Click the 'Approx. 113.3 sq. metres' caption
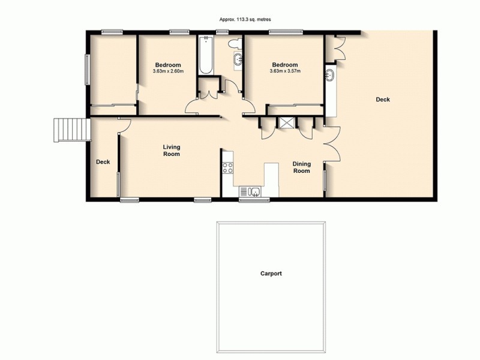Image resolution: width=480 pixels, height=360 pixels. click(240, 19)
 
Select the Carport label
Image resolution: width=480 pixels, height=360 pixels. click(271, 274)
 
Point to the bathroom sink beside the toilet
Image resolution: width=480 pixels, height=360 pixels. click(238, 59)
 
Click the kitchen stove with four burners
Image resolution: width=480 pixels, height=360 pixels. click(228, 167)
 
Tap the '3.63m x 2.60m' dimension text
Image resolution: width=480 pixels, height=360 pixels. click(168, 72)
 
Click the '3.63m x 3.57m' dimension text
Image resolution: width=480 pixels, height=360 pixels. click(285, 72)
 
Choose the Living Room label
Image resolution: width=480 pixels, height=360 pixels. click(172, 150)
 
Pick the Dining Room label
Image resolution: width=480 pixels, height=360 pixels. click(301, 167)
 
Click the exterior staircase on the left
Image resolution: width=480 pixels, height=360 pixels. click(71, 129)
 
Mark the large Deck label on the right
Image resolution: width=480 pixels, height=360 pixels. click(382, 100)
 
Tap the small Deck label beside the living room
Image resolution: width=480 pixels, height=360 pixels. click(103, 161)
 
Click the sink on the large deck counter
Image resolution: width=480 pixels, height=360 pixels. click(331, 76)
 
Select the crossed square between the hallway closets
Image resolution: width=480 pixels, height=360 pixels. click(286, 122)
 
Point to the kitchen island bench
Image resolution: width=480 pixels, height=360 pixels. click(271, 178)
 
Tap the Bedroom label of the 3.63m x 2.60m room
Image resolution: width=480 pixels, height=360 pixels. click(167, 65)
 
